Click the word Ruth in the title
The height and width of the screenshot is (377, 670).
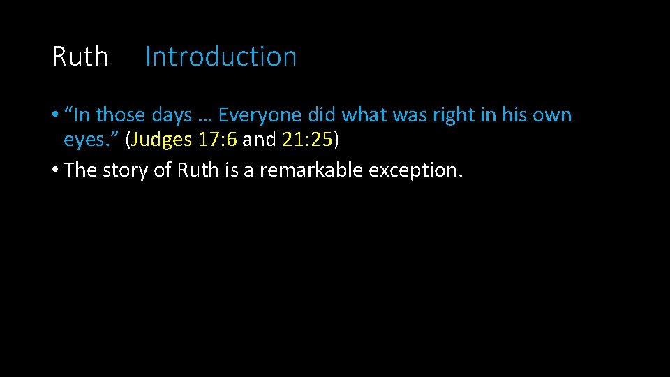pos(80,57)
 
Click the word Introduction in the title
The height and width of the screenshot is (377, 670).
pos(221,57)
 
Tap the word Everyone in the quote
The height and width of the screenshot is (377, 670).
pos(260,115)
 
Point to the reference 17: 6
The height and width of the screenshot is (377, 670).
pos(218,140)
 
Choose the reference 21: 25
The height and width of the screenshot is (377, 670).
pos(308,140)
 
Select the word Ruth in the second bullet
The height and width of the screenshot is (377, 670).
pos(198,170)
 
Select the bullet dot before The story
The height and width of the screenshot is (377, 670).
pos(54,170)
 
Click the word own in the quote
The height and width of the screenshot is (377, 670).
pos(553,115)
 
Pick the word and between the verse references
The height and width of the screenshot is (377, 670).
pos(260,140)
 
